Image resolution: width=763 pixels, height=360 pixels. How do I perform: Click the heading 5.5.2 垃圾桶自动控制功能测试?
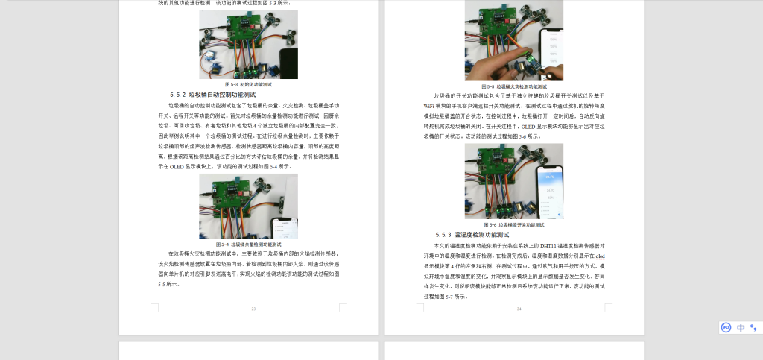pyautogui.click(x=212, y=95)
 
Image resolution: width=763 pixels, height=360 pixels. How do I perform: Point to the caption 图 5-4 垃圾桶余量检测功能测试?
pyautogui.click(x=248, y=244)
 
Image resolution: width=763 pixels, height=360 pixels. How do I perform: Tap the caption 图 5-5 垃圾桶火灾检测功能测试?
pyautogui.click(x=513, y=86)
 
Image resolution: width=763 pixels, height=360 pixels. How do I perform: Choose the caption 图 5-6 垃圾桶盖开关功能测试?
pyautogui.click(x=513, y=224)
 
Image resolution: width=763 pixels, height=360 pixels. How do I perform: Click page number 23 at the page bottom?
pyautogui.click(x=253, y=309)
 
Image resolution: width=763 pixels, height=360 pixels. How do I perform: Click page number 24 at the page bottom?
pyautogui.click(x=519, y=309)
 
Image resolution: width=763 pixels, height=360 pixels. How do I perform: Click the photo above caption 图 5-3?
pyautogui.click(x=248, y=44)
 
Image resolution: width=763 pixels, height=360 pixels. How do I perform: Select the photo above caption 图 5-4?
pyautogui.click(x=248, y=206)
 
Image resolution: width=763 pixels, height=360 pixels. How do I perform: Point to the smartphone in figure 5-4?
pyautogui.click(x=284, y=227)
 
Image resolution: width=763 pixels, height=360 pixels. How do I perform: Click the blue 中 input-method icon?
pyautogui.click(x=741, y=327)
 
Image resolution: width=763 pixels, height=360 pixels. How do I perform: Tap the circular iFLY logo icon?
pyautogui.click(x=726, y=327)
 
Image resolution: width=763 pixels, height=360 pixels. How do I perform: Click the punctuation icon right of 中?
pyautogui.click(x=753, y=327)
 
